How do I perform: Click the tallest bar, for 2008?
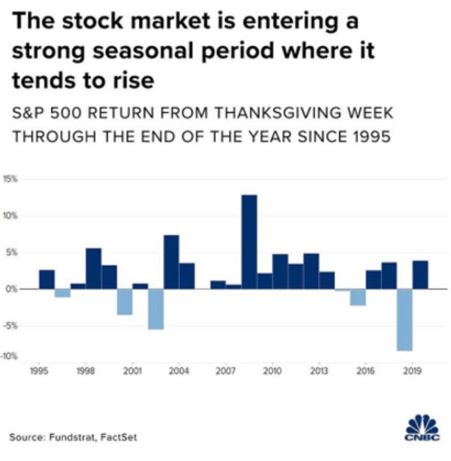coord(249,242)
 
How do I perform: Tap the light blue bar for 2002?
coord(156,309)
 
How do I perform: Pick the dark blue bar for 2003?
coord(171,262)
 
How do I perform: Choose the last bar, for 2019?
coord(420,275)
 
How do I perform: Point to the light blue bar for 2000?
coord(125,302)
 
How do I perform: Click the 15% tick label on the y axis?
coord(12,179)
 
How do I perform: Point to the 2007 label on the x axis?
coord(225,371)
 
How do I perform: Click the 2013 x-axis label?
coord(319,371)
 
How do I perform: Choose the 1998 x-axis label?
coord(86,371)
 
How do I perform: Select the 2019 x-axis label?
coord(412,371)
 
